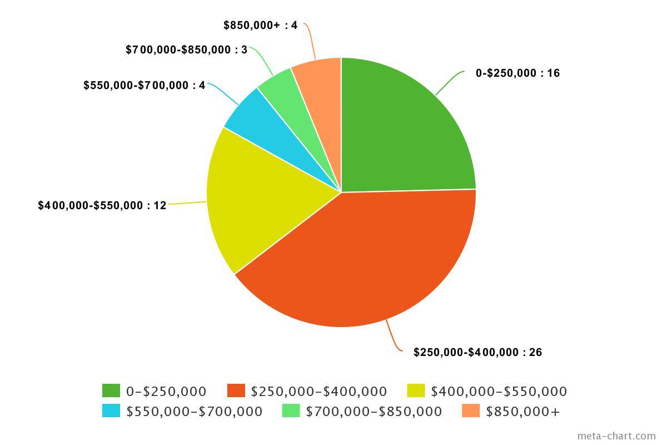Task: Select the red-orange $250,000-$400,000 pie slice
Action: point(361,261)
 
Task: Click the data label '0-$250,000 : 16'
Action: point(517,73)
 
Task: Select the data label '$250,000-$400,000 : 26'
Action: point(477,352)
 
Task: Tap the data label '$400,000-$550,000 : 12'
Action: point(102,205)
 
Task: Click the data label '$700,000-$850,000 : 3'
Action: point(186,50)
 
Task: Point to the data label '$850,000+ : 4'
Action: point(260,25)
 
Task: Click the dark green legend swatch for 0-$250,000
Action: point(111,391)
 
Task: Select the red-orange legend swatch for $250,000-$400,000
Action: point(236,391)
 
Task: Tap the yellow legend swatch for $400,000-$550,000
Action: point(416,391)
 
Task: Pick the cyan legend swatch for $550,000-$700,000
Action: point(111,411)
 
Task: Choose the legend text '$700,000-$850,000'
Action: point(374,412)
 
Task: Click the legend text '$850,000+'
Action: point(522,412)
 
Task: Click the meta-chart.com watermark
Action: point(616,436)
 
